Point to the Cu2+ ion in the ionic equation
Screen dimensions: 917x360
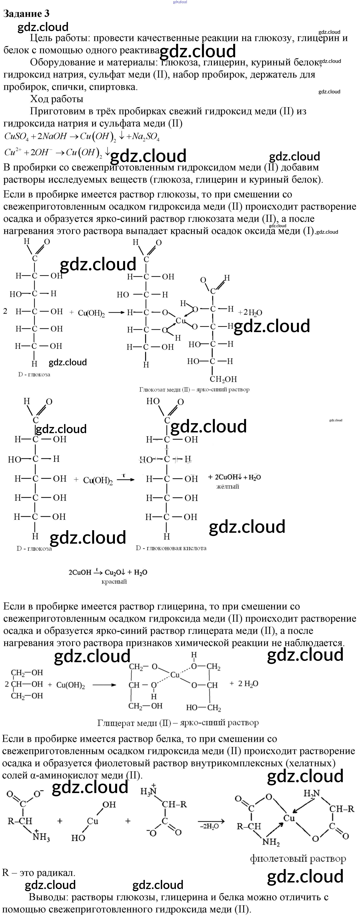click(x=13, y=152)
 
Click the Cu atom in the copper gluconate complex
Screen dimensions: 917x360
click(x=181, y=321)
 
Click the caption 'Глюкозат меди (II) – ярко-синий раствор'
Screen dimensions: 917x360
click(x=194, y=390)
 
